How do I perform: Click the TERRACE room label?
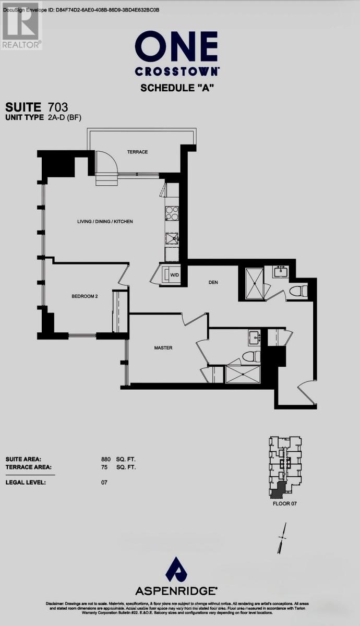tap(137, 152)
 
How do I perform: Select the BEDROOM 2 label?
tap(85, 296)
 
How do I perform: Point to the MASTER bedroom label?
tap(163, 347)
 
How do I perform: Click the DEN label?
tap(212, 282)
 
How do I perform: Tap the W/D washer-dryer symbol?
tap(172, 275)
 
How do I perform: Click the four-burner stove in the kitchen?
tap(172, 214)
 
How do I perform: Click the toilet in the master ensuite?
tap(251, 357)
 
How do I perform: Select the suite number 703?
tap(57, 107)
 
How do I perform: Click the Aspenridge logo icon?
tap(176, 569)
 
